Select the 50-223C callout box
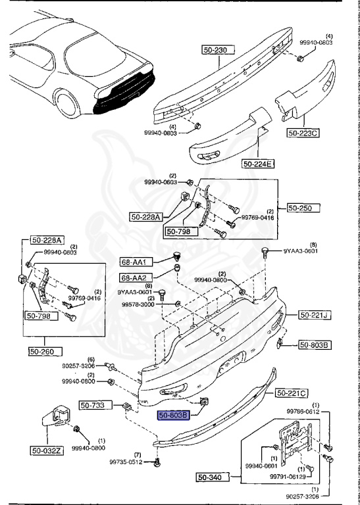(303, 133)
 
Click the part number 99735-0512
(126, 462)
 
